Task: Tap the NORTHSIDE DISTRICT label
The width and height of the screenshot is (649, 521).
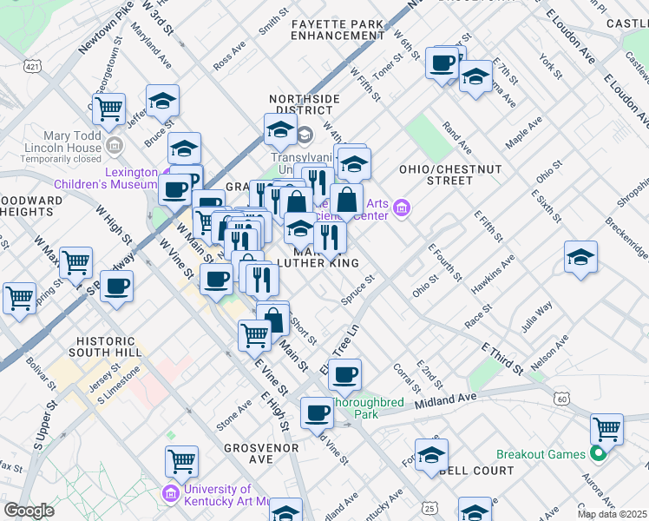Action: (x=304, y=105)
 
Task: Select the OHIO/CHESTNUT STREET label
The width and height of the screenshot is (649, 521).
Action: (x=436, y=175)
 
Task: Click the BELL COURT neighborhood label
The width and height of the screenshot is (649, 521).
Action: (x=476, y=471)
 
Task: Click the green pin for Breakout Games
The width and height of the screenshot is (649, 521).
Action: (x=598, y=454)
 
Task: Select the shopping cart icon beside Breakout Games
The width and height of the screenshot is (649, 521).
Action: (x=606, y=428)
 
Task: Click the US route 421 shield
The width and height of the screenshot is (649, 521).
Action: (x=32, y=66)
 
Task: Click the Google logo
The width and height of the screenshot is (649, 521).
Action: (x=29, y=510)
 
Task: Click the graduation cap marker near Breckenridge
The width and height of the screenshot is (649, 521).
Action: (x=580, y=257)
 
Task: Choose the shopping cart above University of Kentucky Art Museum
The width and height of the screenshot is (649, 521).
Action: (x=181, y=462)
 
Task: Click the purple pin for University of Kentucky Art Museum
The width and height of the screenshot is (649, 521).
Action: (x=171, y=494)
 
